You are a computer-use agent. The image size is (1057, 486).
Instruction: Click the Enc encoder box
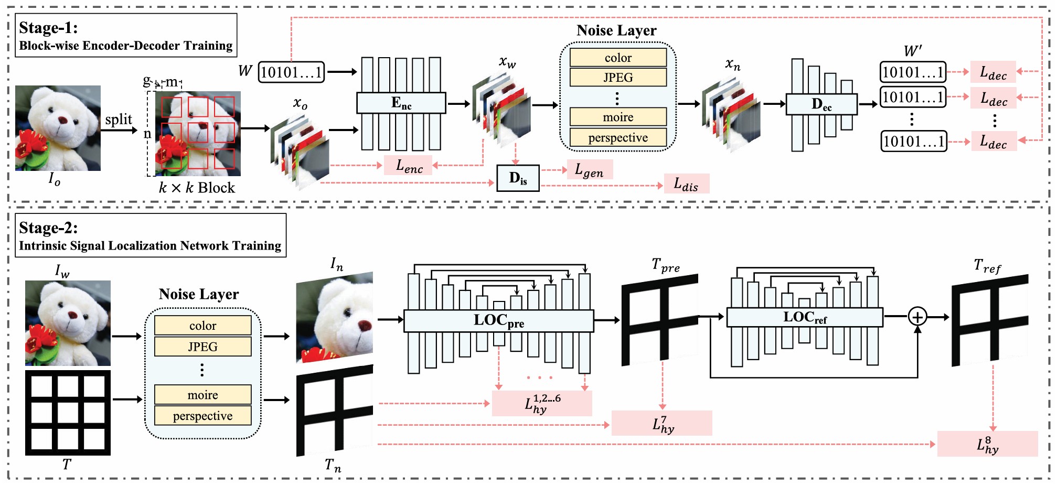coord(401,103)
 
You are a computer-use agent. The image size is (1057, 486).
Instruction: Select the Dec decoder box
coord(821,104)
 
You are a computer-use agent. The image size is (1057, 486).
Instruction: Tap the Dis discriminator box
coord(518,178)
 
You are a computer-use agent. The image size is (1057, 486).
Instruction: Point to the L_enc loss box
coord(409,166)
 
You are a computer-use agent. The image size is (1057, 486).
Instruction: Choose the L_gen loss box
coord(590,170)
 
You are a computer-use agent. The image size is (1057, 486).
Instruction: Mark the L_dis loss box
coord(686,184)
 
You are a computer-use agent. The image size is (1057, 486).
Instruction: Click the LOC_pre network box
coord(498,320)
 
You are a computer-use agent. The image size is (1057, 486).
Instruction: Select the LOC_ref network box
coord(805,317)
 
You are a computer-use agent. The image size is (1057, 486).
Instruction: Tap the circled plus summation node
coord(917,317)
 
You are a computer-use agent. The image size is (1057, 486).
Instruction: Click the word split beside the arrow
coord(119,120)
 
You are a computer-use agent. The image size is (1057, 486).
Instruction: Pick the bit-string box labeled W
coord(291,72)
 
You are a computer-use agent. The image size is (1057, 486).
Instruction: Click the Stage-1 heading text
coord(48,28)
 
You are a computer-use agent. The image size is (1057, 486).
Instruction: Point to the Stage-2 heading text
coord(48,228)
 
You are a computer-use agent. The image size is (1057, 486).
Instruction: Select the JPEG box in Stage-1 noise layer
coord(618,78)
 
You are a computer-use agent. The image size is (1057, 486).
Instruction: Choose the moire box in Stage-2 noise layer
coord(202,395)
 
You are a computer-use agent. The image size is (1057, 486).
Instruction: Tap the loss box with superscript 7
coord(662,424)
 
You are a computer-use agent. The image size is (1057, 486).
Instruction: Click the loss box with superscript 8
coord(987,444)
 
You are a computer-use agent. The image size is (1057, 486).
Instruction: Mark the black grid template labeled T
coord(68,413)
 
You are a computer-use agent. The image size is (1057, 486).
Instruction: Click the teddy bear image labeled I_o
coord(58,128)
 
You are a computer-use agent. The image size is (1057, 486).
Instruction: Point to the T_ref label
coord(987,267)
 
